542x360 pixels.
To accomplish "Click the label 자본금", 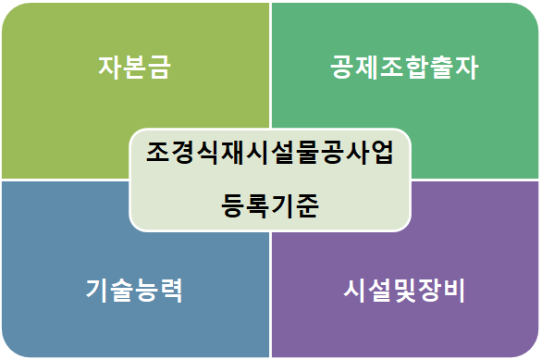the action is pyautogui.click(x=134, y=68).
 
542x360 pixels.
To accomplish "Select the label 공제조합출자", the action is pyautogui.click(x=404, y=68).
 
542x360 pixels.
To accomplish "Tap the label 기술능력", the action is pyautogui.click(x=134, y=291).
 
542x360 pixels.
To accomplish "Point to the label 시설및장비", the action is pyautogui.click(x=404, y=291).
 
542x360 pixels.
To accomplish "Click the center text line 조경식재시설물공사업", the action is pyautogui.click(x=270, y=152).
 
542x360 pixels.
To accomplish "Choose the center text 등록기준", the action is pyautogui.click(x=270, y=205).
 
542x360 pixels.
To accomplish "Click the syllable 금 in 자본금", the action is pyautogui.click(x=159, y=68).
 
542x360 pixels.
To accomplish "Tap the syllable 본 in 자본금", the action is pyautogui.click(x=134, y=68).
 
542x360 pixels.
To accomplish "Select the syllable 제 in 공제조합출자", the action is pyautogui.click(x=367, y=68).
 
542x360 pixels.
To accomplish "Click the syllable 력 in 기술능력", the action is pyautogui.click(x=171, y=291).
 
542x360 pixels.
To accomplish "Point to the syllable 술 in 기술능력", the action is pyautogui.click(x=122, y=291).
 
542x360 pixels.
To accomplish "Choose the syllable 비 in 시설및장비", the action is pyautogui.click(x=454, y=291).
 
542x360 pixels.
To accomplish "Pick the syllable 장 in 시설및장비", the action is pyautogui.click(x=429, y=291).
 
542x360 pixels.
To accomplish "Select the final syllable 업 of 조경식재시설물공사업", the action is pyautogui.click(x=382, y=152).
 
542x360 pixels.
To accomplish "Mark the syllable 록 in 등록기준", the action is pyautogui.click(x=257, y=205).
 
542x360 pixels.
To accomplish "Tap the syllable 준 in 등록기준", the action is pyautogui.click(x=307, y=205).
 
